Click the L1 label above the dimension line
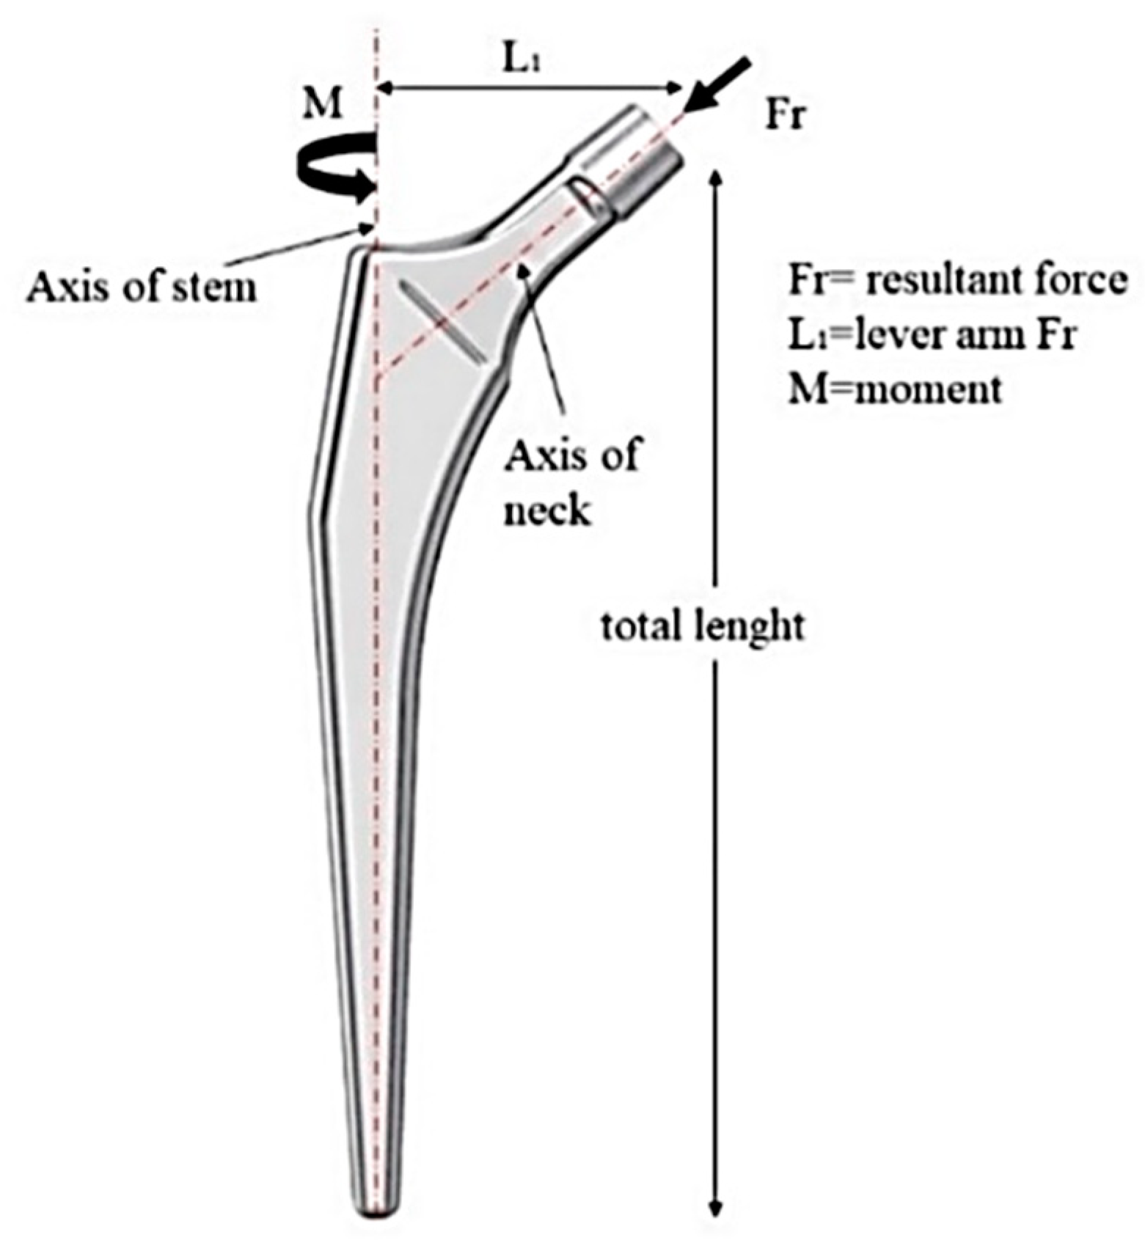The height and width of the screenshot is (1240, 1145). [x=525, y=62]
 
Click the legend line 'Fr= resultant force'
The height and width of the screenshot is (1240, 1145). [x=957, y=280]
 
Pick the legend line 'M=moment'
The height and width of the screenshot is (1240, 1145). [x=894, y=388]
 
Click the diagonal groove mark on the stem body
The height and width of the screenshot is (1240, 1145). [x=442, y=321]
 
